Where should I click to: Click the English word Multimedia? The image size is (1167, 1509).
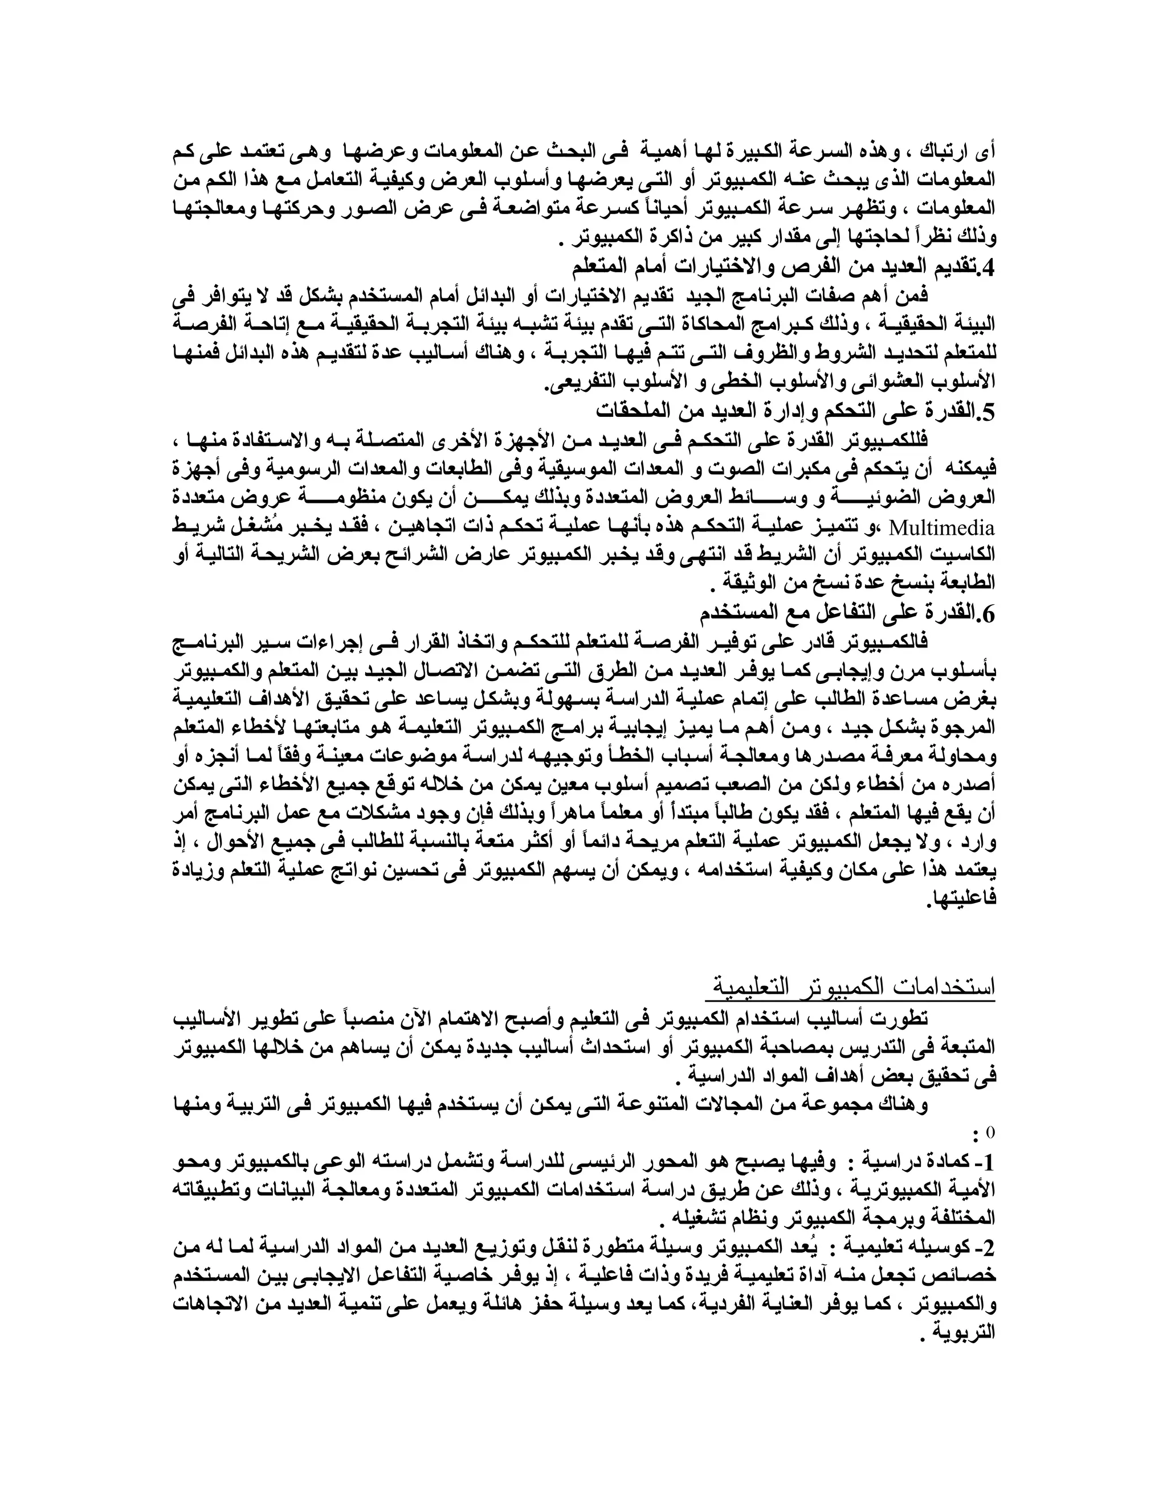[941, 528]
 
